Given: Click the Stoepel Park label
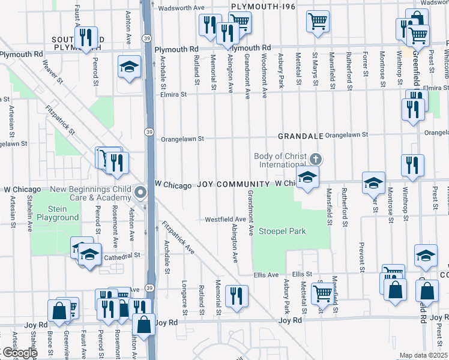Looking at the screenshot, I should tap(282, 231).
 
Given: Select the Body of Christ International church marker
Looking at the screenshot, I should tap(316, 159).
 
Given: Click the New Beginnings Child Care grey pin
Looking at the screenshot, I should tap(140, 193).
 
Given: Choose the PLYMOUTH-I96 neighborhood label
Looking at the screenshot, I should tap(261, 6).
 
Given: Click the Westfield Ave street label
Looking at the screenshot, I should tap(225, 219).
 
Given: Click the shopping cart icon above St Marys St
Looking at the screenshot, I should tap(318, 21).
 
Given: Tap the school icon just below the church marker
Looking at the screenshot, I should tap(307, 177).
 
